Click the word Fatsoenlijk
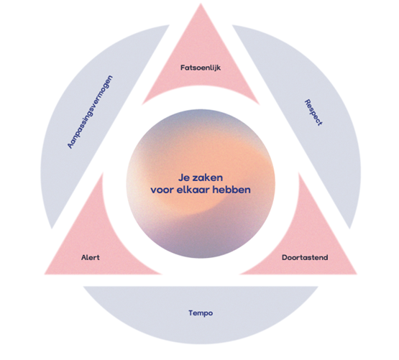201,68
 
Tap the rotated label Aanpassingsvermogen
90,111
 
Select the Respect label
313,112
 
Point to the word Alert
91,257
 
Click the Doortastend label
305,257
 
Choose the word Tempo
201,313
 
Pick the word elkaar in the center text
193,190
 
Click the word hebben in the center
231,190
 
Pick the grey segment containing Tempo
201,313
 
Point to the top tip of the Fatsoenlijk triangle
201,4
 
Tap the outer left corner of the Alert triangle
45,274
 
